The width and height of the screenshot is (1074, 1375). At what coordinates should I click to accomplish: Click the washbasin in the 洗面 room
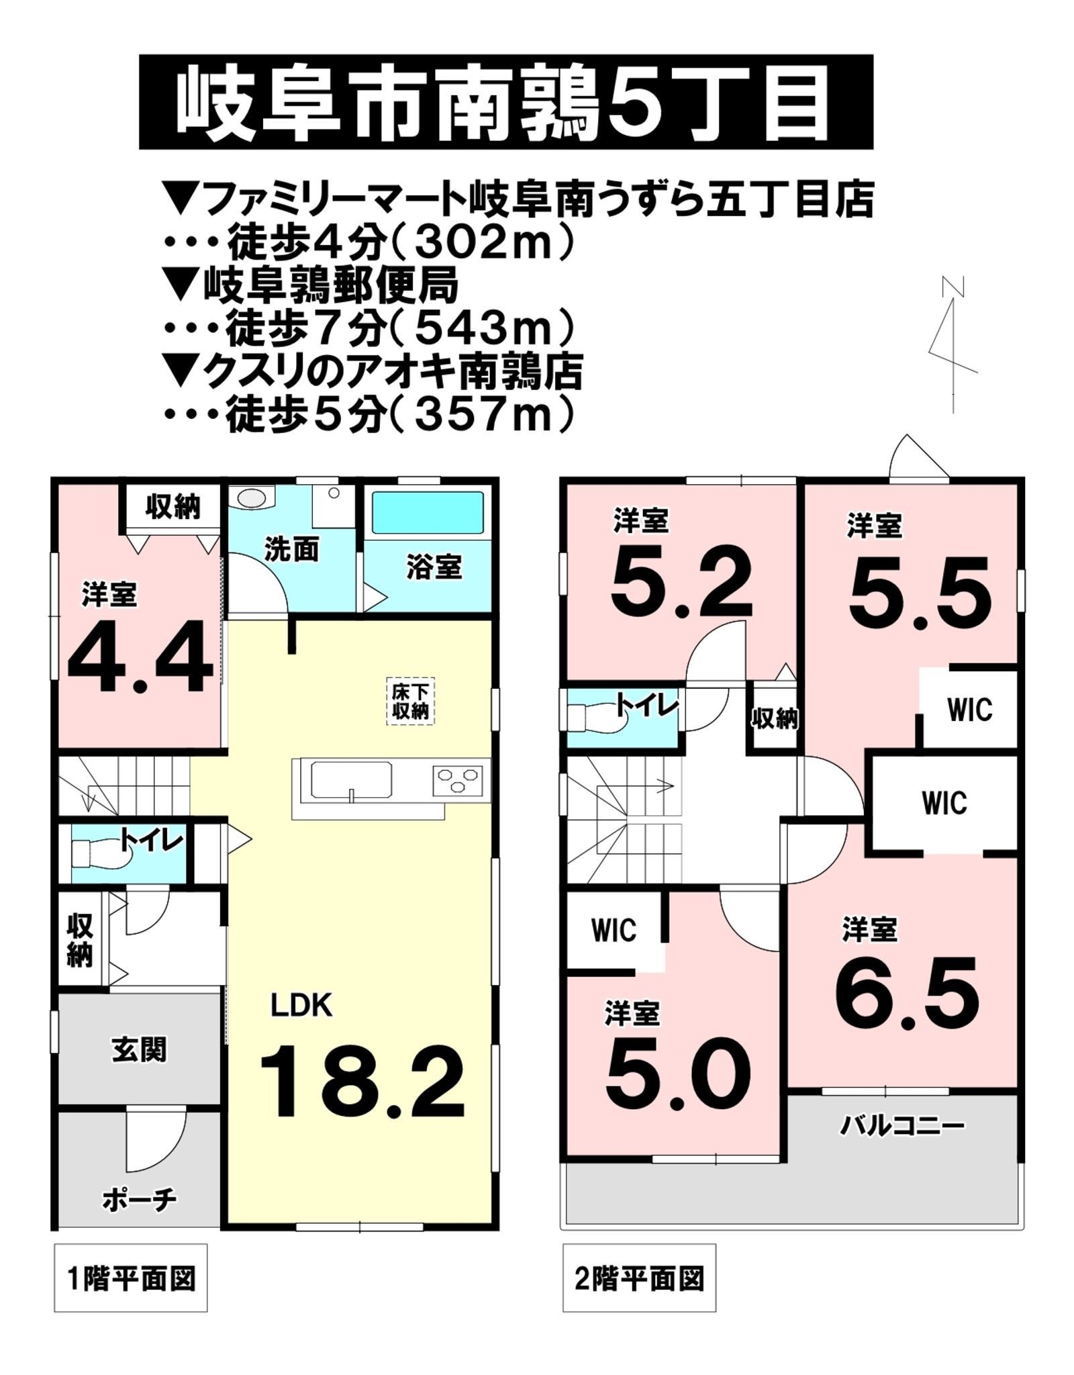click(x=252, y=498)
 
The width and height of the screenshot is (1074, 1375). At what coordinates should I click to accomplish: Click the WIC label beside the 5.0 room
click(x=614, y=930)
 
